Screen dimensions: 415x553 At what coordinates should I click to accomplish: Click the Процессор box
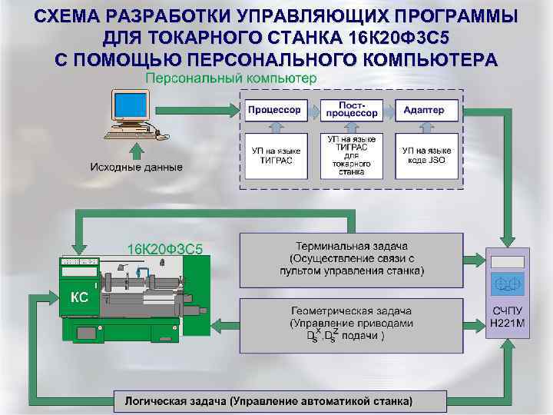(x=274, y=110)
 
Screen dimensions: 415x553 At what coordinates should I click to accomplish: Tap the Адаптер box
(x=423, y=110)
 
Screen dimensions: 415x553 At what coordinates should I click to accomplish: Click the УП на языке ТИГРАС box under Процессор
(x=274, y=156)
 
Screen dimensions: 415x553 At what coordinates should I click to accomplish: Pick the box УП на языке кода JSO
(x=426, y=156)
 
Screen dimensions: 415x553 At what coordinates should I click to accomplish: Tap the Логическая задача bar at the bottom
(x=263, y=401)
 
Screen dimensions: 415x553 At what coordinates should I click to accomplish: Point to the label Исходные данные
(x=136, y=167)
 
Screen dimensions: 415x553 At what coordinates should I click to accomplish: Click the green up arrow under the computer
(x=136, y=149)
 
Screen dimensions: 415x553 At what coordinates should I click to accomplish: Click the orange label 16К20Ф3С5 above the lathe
(x=164, y=248)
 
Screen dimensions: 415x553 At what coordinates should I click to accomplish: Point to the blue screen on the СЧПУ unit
(x=507, y=284)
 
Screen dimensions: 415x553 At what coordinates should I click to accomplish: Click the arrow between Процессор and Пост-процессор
(x=313, y=110)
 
